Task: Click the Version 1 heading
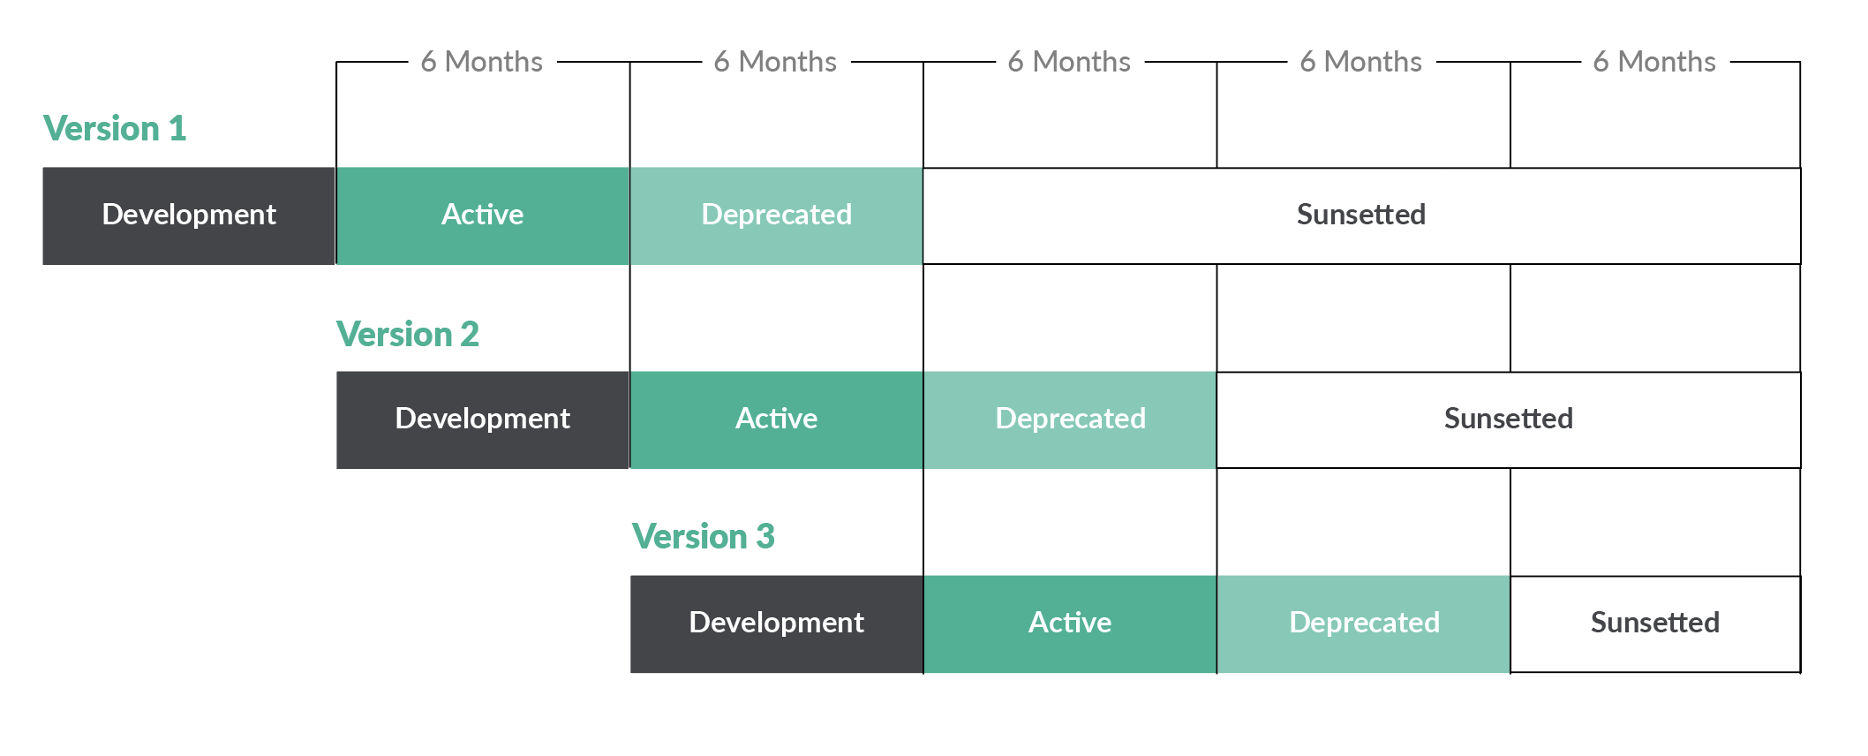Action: click(115, 129)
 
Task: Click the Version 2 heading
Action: click(407, 335)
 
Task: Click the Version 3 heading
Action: click(703, 537)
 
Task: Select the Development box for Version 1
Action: click(189, 215)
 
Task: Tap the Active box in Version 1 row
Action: click(482, 215)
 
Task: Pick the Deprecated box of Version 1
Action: click(776, 215)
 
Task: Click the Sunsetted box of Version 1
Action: click(1360, 215)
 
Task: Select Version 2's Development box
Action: click(482, 420)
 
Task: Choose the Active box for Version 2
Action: click(776, 420)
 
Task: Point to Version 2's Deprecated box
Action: click(1070, 420)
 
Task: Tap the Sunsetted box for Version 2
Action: click(1508, 420)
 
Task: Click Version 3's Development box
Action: click(776, 624)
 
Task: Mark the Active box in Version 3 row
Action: click(1070, 624)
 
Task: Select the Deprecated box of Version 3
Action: click(1364, 624)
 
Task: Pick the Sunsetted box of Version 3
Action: click(1654, 624)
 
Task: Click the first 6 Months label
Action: click(482, 62)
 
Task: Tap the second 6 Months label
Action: click(775, 62)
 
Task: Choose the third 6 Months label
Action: click(1069, 62)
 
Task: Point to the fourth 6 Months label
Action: click(1360, 62)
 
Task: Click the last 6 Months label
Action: click(1654, 62)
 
